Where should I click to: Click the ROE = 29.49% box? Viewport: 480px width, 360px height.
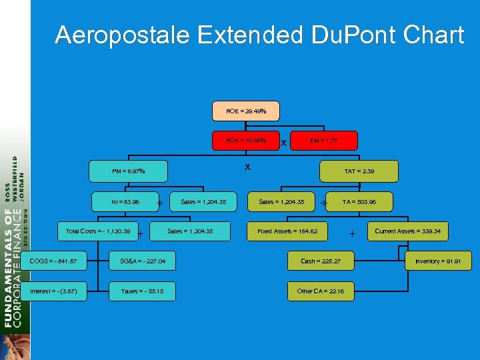(x=246, y=111)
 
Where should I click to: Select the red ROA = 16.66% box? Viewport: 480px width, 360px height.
(x=246, y=141)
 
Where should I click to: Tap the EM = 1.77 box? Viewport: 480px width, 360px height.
(x=324, y=141)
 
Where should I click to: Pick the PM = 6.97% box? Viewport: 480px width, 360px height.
(x=129, y=171)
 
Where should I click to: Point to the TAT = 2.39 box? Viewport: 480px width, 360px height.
(x=359, y=171)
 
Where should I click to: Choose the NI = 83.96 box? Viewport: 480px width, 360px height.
(x=125, y=201)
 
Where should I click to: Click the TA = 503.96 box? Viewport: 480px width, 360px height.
(x=359, y=201)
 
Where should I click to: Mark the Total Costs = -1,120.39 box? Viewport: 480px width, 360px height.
(x=98, y=231)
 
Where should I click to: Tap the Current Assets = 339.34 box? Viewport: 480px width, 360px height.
(x=411, y=231)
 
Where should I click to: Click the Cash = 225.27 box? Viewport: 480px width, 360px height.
(x=321, y=261)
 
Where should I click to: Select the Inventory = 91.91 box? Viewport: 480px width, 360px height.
(x=438, y=261)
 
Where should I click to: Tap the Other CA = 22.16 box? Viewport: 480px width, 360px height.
(x=321, y=291)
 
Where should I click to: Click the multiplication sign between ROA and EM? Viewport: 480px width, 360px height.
(x=284, y=143)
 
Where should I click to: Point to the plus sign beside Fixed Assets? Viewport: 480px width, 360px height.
(x=352, y=233)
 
